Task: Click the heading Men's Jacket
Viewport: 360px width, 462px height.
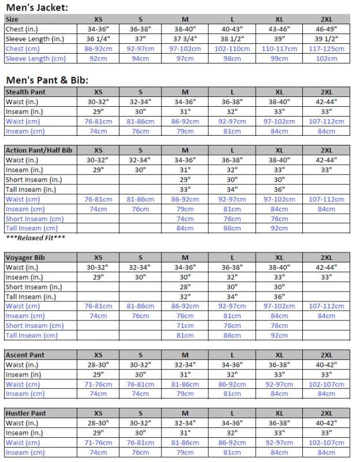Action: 37,8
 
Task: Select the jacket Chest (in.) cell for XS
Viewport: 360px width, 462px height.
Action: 98,29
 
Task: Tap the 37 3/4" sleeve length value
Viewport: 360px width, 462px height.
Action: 185,39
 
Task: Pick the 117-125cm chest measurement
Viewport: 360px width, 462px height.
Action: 326,49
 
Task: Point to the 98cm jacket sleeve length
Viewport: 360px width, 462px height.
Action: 232,58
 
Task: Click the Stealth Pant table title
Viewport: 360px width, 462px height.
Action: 25,92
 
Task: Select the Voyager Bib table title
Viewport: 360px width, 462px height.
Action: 24,258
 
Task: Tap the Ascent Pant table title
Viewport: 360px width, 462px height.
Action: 25,355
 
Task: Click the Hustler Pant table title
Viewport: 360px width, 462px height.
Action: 27,413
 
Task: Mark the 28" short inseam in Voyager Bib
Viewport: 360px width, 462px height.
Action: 185,287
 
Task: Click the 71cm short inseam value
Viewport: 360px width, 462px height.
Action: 185,326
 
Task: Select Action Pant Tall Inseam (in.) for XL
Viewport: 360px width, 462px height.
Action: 279,189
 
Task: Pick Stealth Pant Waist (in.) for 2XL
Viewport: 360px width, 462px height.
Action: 326,102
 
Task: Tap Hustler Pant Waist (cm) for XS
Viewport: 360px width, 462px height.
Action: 98,443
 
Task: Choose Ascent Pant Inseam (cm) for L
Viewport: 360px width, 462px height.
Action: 232,394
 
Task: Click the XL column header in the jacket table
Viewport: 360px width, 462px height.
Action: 279,19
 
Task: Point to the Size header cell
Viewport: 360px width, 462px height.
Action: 12,19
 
